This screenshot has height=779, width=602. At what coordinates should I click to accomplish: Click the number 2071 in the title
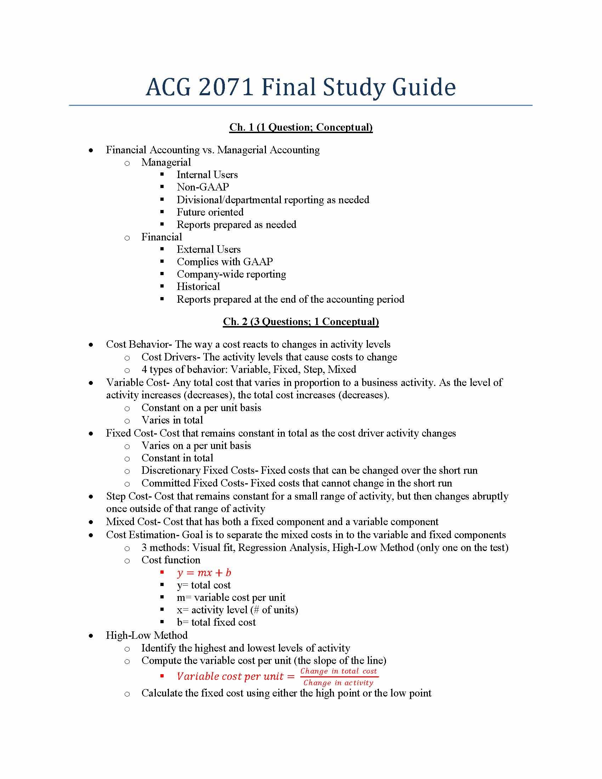click(x=226, y=87)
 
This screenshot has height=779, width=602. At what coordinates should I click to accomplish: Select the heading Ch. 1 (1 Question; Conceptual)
click(x=301, y=127)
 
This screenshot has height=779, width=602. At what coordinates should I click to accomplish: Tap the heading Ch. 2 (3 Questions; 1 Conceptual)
click(x=301, y=322)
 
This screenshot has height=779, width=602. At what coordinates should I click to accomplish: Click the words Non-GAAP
click(x=203, y=187)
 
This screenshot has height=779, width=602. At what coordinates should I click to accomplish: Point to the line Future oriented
click(x=210, y=212)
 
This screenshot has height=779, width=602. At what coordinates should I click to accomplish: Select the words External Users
click(x=209, y=249)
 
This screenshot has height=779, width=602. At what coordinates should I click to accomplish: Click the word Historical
click(x=198, y=286)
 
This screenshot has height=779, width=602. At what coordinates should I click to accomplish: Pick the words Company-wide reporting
click(x=231, y=274)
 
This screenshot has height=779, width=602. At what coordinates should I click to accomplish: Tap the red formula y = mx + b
click(x=204, y=573)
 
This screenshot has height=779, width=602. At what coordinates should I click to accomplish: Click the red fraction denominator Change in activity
click(x=338, y=683)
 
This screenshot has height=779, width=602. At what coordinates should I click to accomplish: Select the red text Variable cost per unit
click(x=231, y=676)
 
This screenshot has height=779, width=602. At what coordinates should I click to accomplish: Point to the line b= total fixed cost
click(x=216, y=622)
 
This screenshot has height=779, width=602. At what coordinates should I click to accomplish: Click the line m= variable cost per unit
click(x=231, y=597)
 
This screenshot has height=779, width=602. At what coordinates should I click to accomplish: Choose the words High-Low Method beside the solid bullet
click(x=147, y=635)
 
